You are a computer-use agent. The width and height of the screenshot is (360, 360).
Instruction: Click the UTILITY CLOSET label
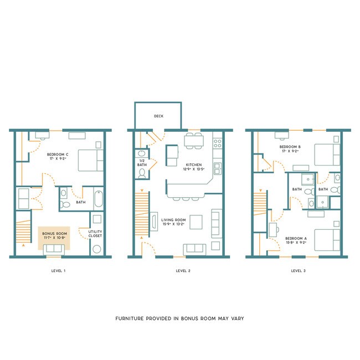[96, 234]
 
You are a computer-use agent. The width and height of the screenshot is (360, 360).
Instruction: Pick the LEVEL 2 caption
[183, 271]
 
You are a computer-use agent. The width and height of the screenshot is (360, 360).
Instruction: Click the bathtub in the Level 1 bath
[98, 198]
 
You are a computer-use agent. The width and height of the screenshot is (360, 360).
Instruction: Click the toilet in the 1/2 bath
[141, 173]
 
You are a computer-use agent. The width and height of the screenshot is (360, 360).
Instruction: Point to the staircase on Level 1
[23, 230]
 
